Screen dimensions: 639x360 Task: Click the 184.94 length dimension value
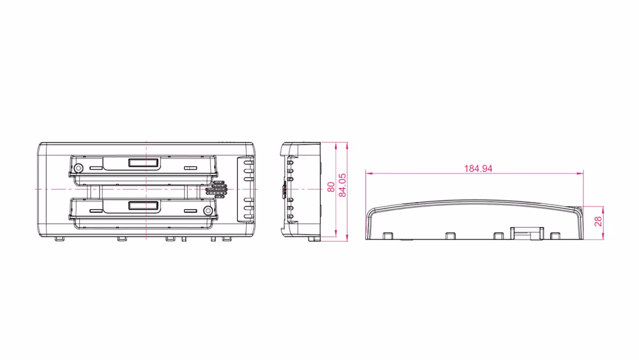point(478,168)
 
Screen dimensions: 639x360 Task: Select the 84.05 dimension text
point(343,185)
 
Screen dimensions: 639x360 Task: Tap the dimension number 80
point(331,187)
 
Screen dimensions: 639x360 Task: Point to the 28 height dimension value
point(598,221)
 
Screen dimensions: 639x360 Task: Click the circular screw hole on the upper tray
point(78,168)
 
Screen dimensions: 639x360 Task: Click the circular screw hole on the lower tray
point(208,210)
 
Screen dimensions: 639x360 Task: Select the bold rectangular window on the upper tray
point(143,162)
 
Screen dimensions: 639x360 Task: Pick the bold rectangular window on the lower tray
point(143,205)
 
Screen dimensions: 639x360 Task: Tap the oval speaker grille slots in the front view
point(217,189)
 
